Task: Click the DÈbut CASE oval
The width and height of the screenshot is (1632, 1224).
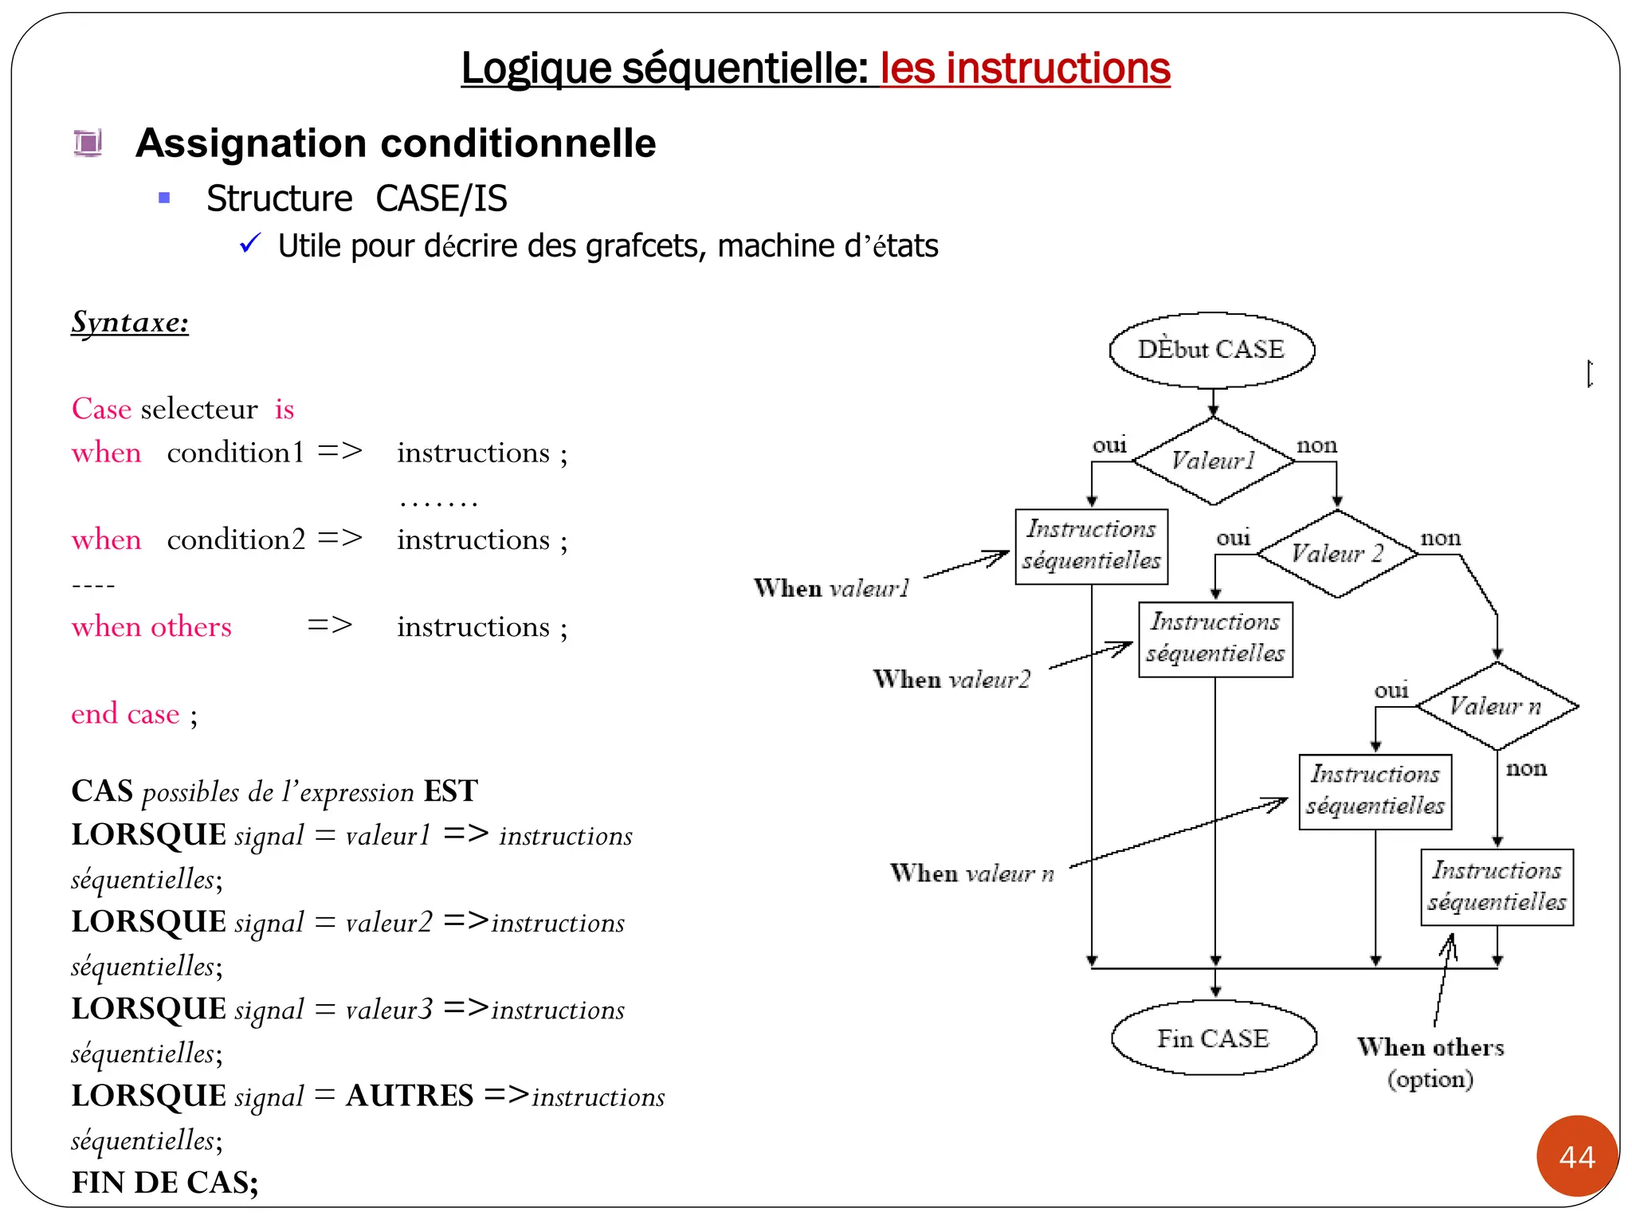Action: tap(1211, 350)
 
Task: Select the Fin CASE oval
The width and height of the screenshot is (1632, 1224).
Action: tap(1213, 1038)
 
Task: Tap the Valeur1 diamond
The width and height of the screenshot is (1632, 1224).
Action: tap(1213, 461)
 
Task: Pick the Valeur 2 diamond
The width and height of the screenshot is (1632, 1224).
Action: tap(1337, 554)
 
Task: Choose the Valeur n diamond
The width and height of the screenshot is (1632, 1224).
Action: tap(1496, 706)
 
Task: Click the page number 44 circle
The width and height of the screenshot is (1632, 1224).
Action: tap(1577, 1156)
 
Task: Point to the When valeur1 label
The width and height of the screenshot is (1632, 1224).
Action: tap(831, 588)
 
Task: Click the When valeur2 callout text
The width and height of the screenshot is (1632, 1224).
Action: tap(951, 680)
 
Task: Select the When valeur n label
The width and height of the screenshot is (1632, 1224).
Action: tap(971, 873)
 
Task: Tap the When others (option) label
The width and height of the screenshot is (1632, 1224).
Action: tap(1430, 1062)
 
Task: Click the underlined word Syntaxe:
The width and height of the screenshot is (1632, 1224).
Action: tap(130, 322)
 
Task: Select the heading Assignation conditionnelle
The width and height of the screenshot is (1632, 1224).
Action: tap(395, 143)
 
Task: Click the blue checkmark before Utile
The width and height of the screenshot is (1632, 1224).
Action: tap(250, 243)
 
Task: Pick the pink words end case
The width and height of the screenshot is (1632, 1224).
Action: tap(125, 713)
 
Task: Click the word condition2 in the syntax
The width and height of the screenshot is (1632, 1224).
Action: tap(236, 539)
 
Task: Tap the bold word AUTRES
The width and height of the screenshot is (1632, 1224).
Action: tap(410, 1096)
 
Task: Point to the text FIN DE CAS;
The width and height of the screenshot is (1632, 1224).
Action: tap(165, 1183)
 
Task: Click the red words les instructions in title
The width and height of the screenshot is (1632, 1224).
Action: tap(1025, 68)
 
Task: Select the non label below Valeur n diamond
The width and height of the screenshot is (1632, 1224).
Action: tap(1526, 768)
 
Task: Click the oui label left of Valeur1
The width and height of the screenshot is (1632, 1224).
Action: tap(1109, 445)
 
